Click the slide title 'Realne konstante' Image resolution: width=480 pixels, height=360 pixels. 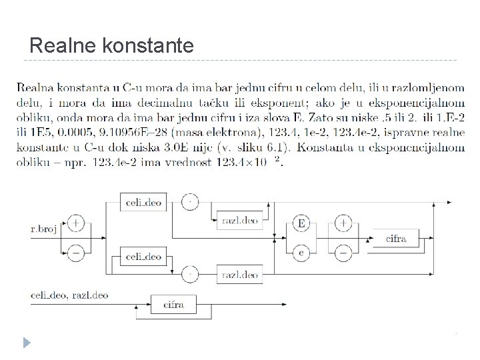pos(112,46)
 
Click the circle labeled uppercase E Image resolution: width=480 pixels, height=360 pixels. pos(301,224)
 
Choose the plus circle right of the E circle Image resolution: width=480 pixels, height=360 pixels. pos(343,224)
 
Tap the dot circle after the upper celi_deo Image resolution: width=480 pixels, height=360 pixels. pos(191,201)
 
